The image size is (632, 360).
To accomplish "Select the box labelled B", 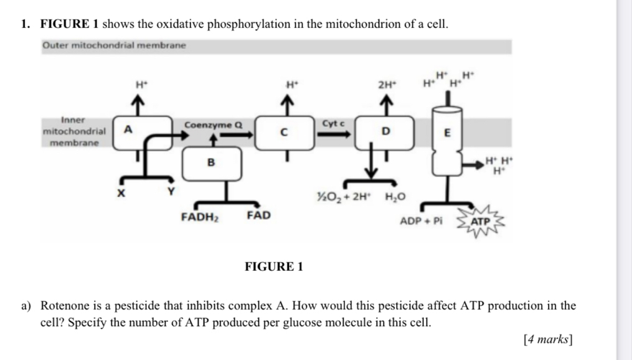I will (x=210, y=163).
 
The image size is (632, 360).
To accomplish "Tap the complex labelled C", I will (x=284, y=132).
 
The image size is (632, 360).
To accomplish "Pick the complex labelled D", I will (x=384, y=132).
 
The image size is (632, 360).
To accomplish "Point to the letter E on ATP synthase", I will (x=447, y=133).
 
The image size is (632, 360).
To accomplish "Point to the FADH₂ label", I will (x=199, y=217).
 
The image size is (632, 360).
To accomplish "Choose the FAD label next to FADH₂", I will (x=258, y=216).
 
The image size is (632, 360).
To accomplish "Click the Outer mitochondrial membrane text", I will (x=115, y=45).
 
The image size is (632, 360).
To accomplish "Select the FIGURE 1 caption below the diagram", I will (x=274, y=267).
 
